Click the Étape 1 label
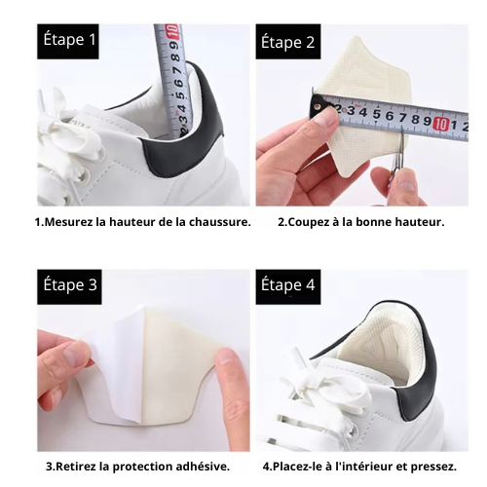[x=68, y=41]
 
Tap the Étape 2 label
[x=286, y=42]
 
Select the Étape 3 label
[x=68, y=285]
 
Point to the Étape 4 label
[x=286, y=285]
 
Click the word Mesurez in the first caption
[x=70, y=222]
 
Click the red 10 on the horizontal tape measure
[x=440, y=124]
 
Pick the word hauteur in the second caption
[x=414, y=222]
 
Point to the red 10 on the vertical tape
[x=171, y=30]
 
